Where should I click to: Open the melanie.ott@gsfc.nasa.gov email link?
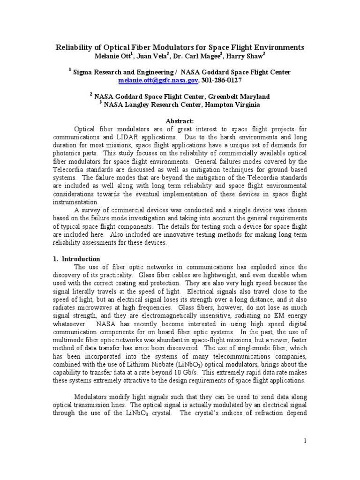click(x=158, y=81)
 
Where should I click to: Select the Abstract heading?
click(x=180, y=120)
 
